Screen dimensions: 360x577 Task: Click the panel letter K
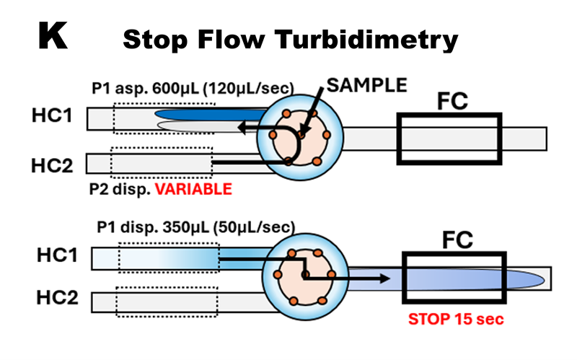coord(53,36)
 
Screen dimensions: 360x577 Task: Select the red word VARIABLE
coord(196,190)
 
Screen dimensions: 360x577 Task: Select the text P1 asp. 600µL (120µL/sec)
coord(193,89)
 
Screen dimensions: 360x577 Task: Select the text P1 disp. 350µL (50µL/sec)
coord(195,227)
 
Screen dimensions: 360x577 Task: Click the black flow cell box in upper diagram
coord(449,137)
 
